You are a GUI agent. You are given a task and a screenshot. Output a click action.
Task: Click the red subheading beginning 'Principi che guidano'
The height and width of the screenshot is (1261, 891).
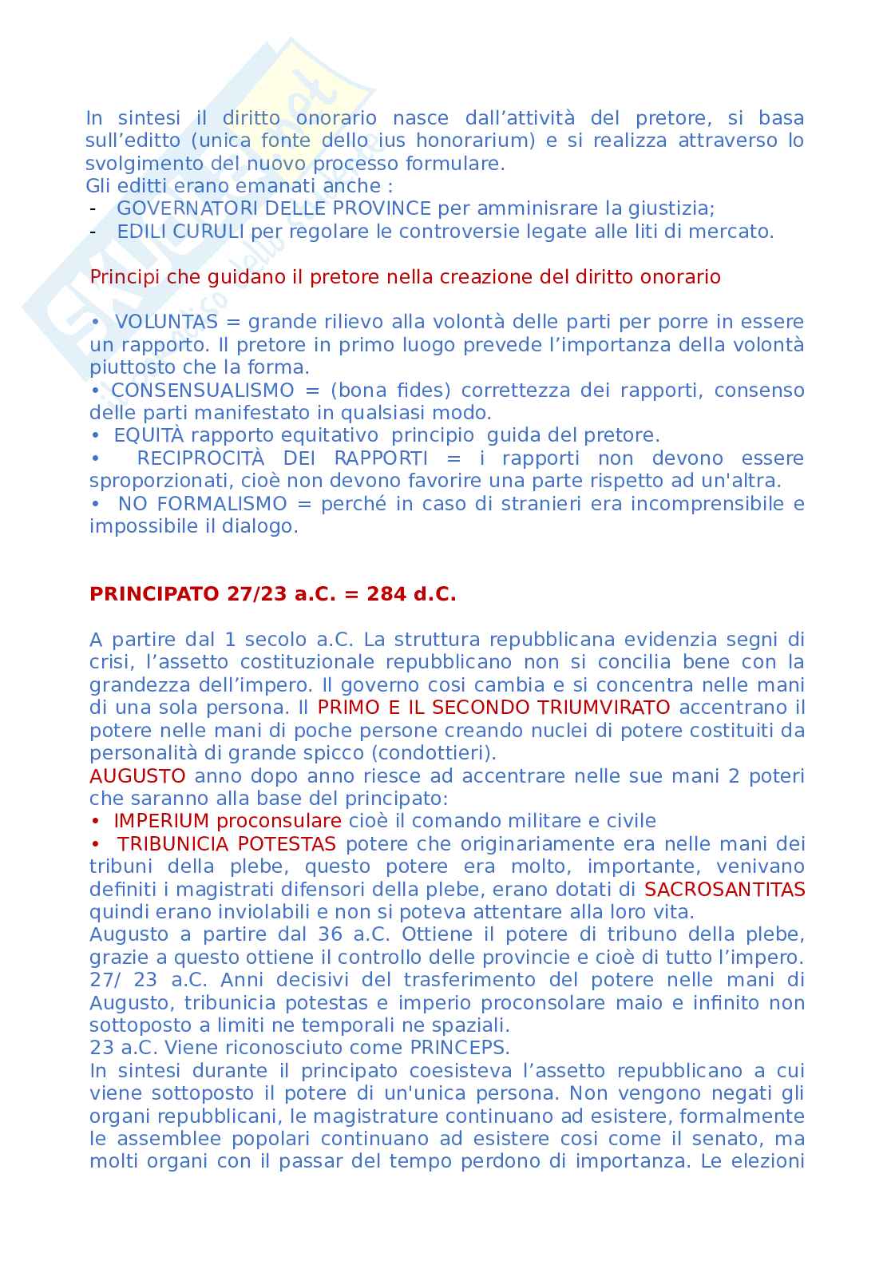pyautogui.click(x=405, y=277)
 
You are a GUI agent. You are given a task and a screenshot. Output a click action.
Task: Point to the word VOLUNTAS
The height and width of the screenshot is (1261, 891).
pyautogui.click(x=166, y=322)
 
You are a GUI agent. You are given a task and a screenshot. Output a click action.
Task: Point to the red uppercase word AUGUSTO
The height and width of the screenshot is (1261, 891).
pyautogui.click(x=137, y=776)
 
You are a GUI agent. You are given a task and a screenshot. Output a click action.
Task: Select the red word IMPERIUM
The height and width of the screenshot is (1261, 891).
pyautogui.click(x=161, y=821)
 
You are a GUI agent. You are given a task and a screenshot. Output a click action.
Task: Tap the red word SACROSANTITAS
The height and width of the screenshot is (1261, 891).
pyautogui.click(x=724, y=890)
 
